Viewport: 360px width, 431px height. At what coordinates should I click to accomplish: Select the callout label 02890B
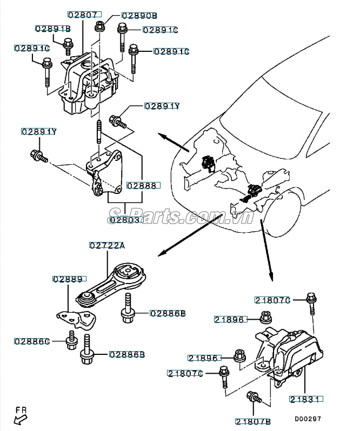pos(139,16)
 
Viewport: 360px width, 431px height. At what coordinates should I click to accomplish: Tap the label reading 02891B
pos(53,28)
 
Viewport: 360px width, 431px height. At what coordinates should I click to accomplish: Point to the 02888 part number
pos(142,185)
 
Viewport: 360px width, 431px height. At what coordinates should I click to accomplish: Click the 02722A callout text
pos(107,245)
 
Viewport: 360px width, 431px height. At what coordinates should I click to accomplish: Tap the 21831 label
pos(306,399)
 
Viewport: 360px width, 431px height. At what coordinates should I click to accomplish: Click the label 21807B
pos(254,421)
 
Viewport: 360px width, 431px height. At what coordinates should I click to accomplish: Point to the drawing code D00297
pos(308,419)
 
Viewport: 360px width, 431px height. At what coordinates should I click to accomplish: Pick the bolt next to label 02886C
pos(71,342)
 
